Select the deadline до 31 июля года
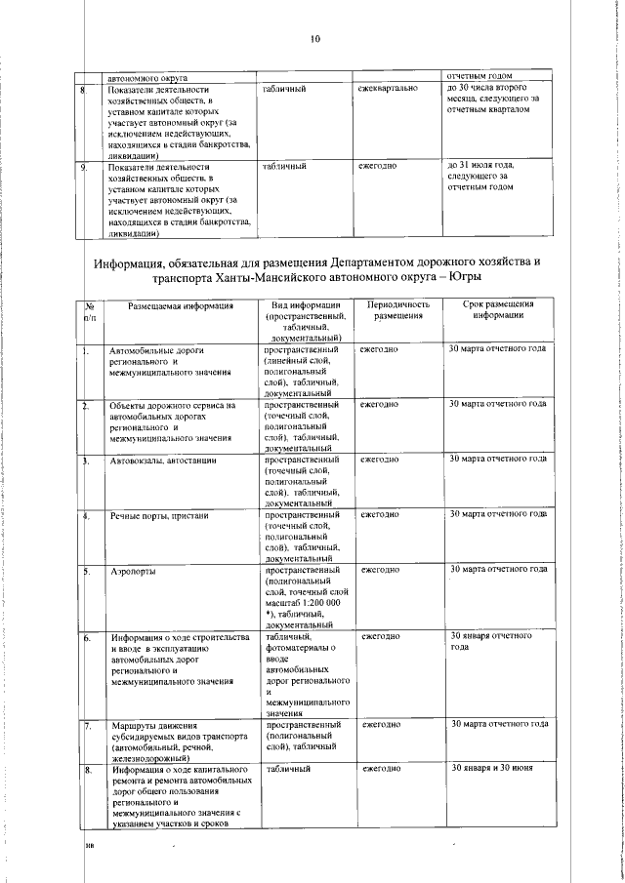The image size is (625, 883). [480, 166]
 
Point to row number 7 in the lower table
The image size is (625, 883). [87, 726]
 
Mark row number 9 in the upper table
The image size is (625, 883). [85, 167]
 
